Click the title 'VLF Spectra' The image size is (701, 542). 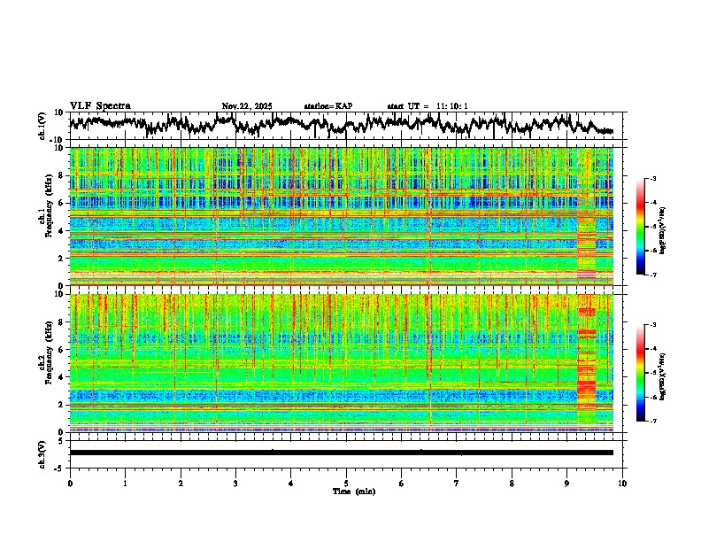click(x=100, y=106)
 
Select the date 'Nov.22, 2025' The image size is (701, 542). click(x=247, y=106)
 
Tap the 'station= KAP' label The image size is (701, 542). click(x=328, y=106)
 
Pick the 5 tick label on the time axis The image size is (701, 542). click(x=346, y=483)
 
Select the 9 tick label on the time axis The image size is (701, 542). click(x=567, y=483)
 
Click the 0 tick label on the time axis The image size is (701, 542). click(x=70, y=483)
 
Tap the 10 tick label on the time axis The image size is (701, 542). click(x=622, y=483)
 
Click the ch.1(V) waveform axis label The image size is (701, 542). click(x=42, y=126)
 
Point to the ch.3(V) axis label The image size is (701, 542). click(x=42, y=453)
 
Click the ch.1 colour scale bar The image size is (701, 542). click(x=647, y=227)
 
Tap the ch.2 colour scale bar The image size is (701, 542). click(x=647, y=373)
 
